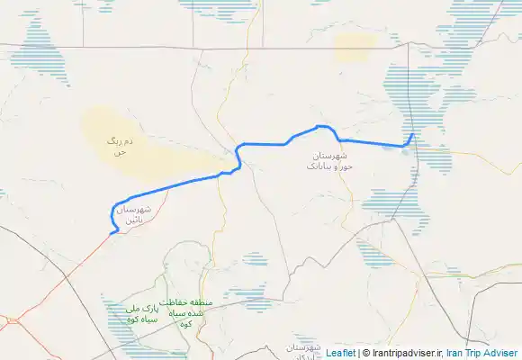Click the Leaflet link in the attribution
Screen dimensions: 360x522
[340, 354]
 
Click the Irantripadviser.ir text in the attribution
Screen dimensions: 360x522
[405, 354]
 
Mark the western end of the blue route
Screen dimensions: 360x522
[111, 233]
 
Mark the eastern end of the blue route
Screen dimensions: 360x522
[413, 135]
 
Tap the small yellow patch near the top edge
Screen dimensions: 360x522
[353, 49]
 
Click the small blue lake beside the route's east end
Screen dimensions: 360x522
[408, 149]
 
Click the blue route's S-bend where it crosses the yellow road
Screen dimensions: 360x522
[239, 157]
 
